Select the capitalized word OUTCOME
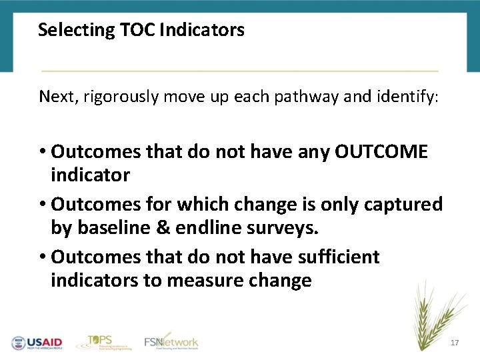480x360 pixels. pyautogui.click(x=381, y=152)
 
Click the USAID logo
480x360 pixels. pyautogui.click(x=37, y=342)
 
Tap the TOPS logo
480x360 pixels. pyautogui.click(x=101, y=341)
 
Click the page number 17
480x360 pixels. pyautogui.click(x=455, y=343)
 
